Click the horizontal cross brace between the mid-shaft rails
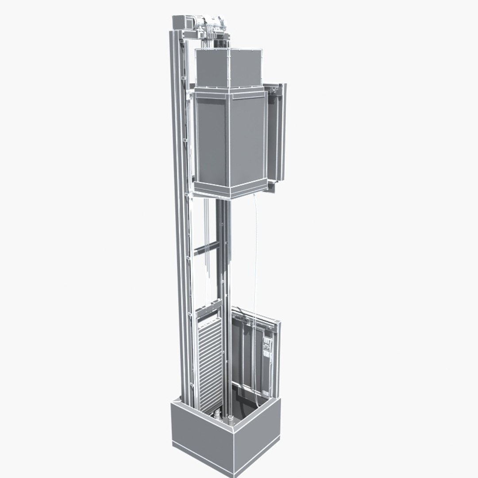[206, 247]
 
